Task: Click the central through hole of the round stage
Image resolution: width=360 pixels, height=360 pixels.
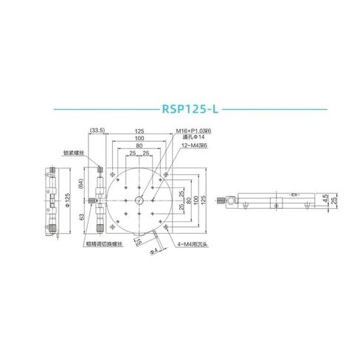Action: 139,198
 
